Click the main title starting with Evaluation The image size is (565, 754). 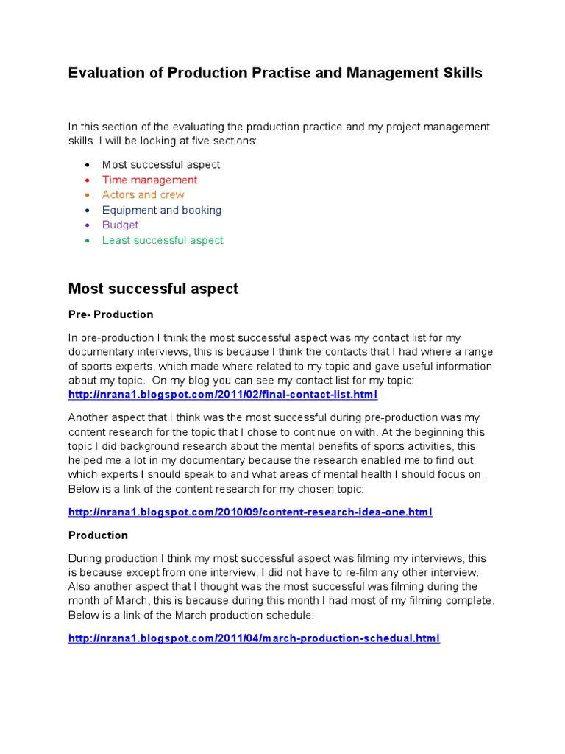click(x=275, y=73)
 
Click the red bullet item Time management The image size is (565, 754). click(x=149, y=180)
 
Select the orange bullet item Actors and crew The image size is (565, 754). click(x=143, y=194)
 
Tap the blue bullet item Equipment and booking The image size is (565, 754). click(x=161, y=210)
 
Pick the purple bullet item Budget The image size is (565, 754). click(x=120, y=225)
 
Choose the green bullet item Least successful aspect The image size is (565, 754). click(x=163, y=240)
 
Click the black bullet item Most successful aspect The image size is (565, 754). click(x=160, y=164)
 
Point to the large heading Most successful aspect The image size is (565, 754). click(x=153, y=289)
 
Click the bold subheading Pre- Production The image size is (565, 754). click(x=110, y=314)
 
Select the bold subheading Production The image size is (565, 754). click(x=98, y=535)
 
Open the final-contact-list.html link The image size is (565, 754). click(x=222, y=395)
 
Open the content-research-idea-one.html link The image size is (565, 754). click(x=250, y=512)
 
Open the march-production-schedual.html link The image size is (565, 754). click(x=254, y=638)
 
